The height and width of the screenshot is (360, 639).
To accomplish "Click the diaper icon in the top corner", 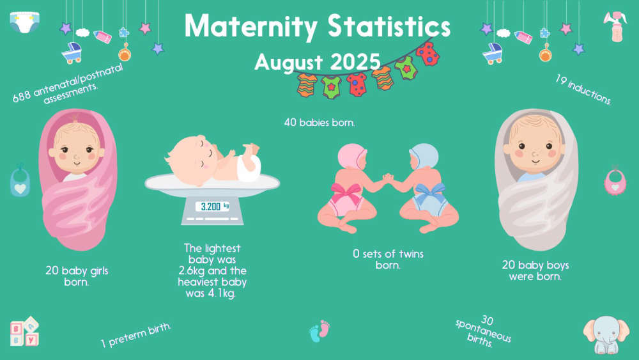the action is (24, 22).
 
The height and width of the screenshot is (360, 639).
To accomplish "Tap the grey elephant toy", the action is (606, 334).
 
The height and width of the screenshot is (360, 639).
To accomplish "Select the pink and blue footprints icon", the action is (319, 331).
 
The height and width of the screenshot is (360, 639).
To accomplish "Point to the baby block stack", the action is (24, 331).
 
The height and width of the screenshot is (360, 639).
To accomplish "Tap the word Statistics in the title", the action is (389, 26).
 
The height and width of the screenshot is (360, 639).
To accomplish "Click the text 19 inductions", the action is (583, 90).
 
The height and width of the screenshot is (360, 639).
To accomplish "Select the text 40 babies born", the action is (319, 122).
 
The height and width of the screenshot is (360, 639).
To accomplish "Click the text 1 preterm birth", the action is (136, 335).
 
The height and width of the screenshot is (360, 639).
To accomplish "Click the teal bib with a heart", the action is (20, 181).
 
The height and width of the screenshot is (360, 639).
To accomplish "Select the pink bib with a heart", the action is (615, 180).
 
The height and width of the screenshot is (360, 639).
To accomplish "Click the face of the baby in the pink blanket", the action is (77, 147).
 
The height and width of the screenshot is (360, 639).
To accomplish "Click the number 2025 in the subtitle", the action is (355, 62).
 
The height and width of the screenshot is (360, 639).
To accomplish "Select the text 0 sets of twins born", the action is (388, 260).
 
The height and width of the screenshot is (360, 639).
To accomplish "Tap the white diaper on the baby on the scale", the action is (249, 167).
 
